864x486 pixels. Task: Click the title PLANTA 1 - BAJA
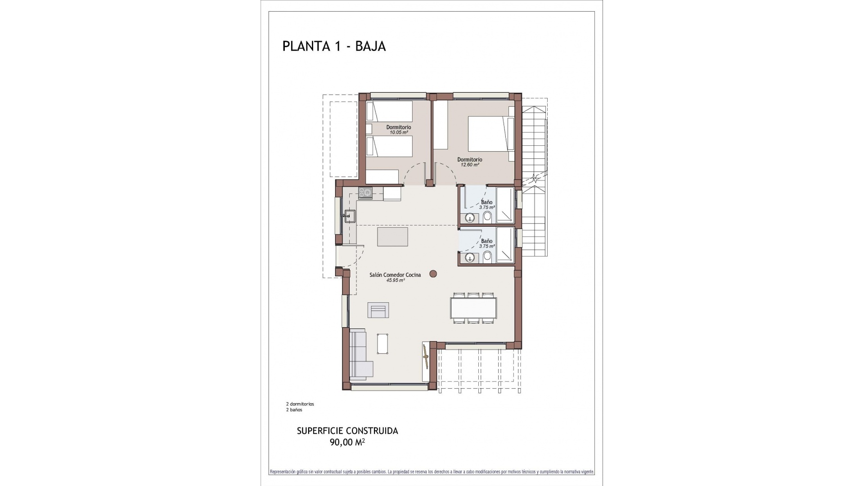coord(334,46)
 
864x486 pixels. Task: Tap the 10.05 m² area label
coord(398,133)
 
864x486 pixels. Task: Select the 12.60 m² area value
coord(469,165)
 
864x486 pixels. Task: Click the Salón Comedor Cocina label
coord(395,274)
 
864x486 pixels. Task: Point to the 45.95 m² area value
coord(395,280)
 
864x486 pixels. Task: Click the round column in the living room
coord(433,273)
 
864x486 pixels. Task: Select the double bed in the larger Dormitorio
coord(488,134)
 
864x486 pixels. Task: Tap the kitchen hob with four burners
coord(365,193)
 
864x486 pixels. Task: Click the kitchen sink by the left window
coord(350,216)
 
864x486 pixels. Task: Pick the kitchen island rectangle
coord(392,237)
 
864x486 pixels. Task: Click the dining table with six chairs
coord(474,308)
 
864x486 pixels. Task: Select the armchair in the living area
coord(378,310)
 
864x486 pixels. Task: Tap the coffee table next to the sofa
coord(383,344)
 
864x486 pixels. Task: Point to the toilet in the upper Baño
coord(487,218)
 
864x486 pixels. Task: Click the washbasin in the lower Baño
coord(470,258)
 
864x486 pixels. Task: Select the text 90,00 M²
coord(347,442)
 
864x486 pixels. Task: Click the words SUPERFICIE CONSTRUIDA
coord(347,431)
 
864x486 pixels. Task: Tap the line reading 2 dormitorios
coord(300,404)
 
